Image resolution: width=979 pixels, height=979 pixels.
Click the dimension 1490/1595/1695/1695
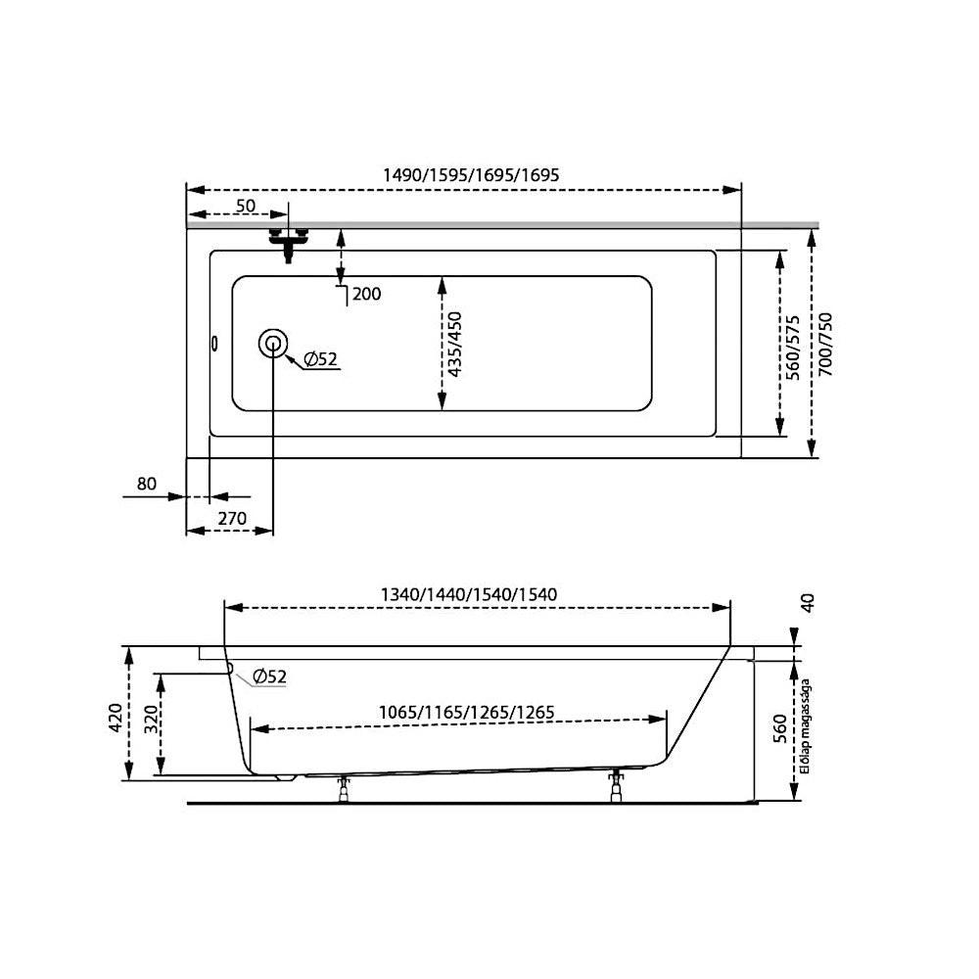[471, 175]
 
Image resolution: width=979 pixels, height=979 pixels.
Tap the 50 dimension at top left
[246, 206]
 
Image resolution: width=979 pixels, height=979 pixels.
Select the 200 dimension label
[366, 294]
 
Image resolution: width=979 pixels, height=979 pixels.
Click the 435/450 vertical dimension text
[455, 344]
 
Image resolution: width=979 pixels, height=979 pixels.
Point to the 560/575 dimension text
[792, 348]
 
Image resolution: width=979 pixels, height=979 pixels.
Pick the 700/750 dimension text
[825, 344]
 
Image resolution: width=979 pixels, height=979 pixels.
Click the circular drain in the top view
[273, 344]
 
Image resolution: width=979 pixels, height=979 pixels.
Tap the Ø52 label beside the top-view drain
[320, 359]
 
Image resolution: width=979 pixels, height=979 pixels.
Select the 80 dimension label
[147, 484]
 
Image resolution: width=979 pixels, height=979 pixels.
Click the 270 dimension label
[232, 518]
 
